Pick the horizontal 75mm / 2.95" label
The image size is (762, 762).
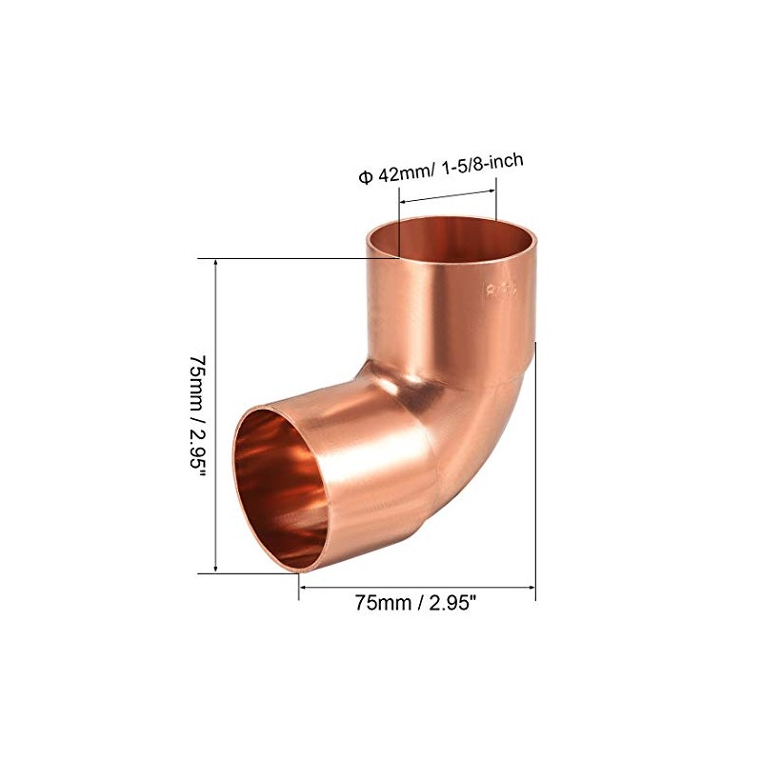[x=417, y=603]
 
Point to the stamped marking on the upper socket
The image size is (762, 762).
[x=500, y=291]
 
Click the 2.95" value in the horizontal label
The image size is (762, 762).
[x=455, y=603]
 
